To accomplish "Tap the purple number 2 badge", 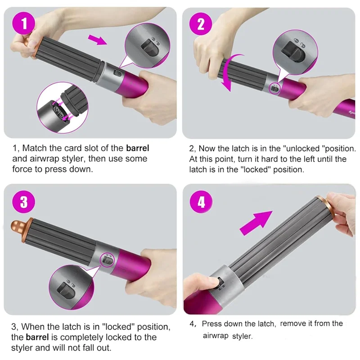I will click(201, 24).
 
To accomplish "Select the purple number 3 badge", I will click(23, 202).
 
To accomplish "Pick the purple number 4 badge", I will click(201, 202).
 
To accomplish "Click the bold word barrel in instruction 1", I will click(137, 148).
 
